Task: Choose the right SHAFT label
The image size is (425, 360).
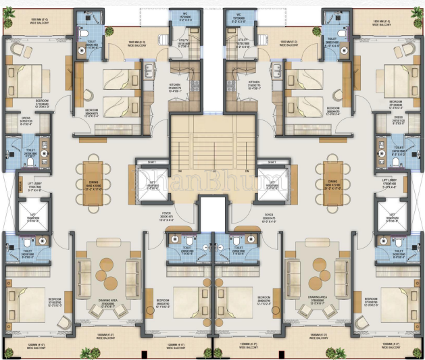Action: pos(271,162)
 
